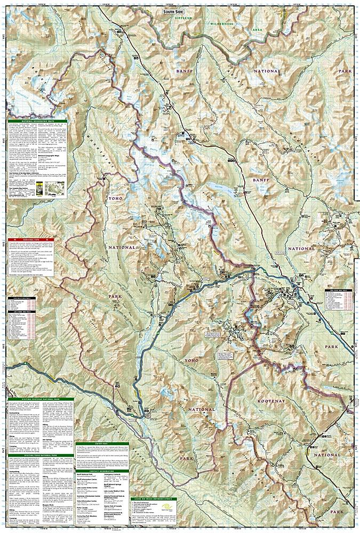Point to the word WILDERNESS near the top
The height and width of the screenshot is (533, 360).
[222, 25]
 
